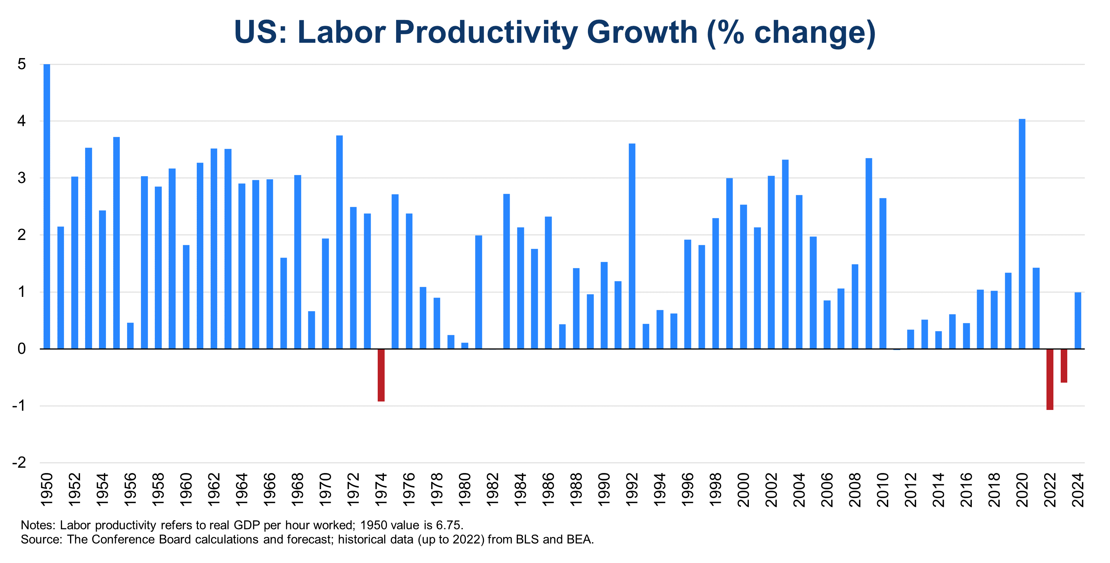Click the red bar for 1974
(381, 375)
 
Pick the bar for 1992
(632, 246)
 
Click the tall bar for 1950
(47, 206)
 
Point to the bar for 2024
(1078, 320)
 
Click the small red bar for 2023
(1064, 365)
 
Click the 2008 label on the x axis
(855, 490)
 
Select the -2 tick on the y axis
(19, 463)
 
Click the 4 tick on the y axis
(22, 121)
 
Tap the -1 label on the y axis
(19, 406)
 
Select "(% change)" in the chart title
(791, 32)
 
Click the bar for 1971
(339, 242)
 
